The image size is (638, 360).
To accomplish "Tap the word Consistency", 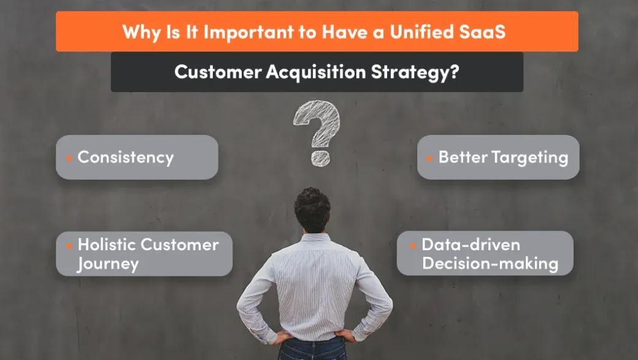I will [126, 157].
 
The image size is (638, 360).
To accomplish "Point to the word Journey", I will [108, 264].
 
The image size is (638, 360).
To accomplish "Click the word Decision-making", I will [490, 264].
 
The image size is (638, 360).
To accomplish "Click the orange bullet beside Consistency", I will [69, 158].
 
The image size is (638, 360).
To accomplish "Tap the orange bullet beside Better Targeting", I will [429, 158].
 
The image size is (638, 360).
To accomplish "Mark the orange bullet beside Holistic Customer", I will [69, 246].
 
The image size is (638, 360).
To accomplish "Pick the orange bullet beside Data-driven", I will [413, 246].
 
